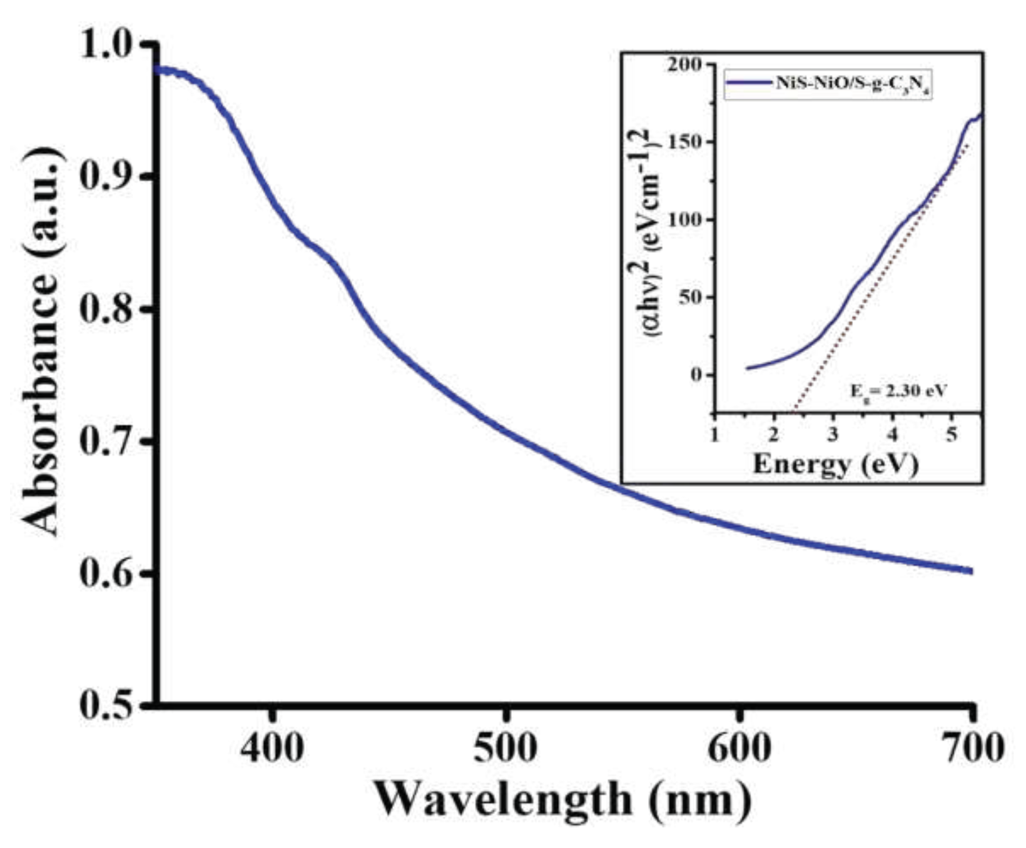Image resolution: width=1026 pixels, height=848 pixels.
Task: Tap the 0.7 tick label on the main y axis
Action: click(108, 442)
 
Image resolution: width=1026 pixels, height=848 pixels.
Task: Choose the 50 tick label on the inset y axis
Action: click(691, 297)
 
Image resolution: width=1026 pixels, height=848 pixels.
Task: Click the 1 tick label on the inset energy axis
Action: click(714, 435)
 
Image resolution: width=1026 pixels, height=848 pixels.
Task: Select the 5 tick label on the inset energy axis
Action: click(952, 435)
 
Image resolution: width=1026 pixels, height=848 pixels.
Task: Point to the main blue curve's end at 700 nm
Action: click(970, 570)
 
